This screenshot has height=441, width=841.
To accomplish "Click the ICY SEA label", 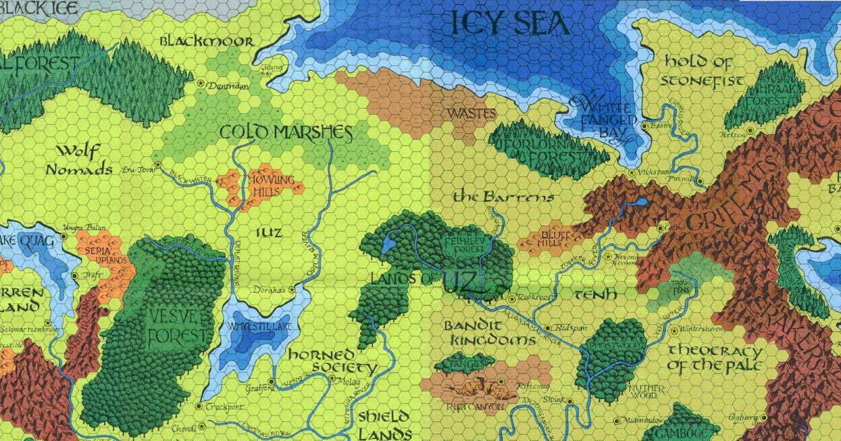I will [510, 24].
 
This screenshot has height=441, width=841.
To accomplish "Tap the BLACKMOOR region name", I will [206, 41].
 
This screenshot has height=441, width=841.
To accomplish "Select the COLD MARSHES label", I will [285, 132].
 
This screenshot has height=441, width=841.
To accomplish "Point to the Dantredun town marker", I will [201, 83].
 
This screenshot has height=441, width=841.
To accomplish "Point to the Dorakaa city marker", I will [292, 288].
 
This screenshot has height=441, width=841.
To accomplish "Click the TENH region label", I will [595, 295].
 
